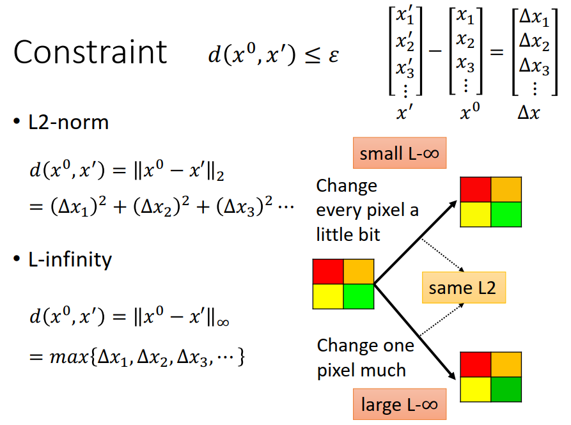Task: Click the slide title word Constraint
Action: [x=90, y=52]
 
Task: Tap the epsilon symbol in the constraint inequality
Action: [x=332, y=55]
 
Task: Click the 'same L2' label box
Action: [x=462, y=288]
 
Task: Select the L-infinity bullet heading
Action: [x=70, y=259]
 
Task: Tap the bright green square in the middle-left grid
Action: [x=359, y=296]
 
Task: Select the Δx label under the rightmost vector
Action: [x=528, y=113]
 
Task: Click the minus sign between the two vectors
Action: [x=435, y=52]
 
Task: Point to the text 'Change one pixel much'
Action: [x=365, y=358]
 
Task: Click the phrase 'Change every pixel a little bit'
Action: [x=367, y=210]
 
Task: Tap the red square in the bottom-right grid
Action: [x=476, y=362]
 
